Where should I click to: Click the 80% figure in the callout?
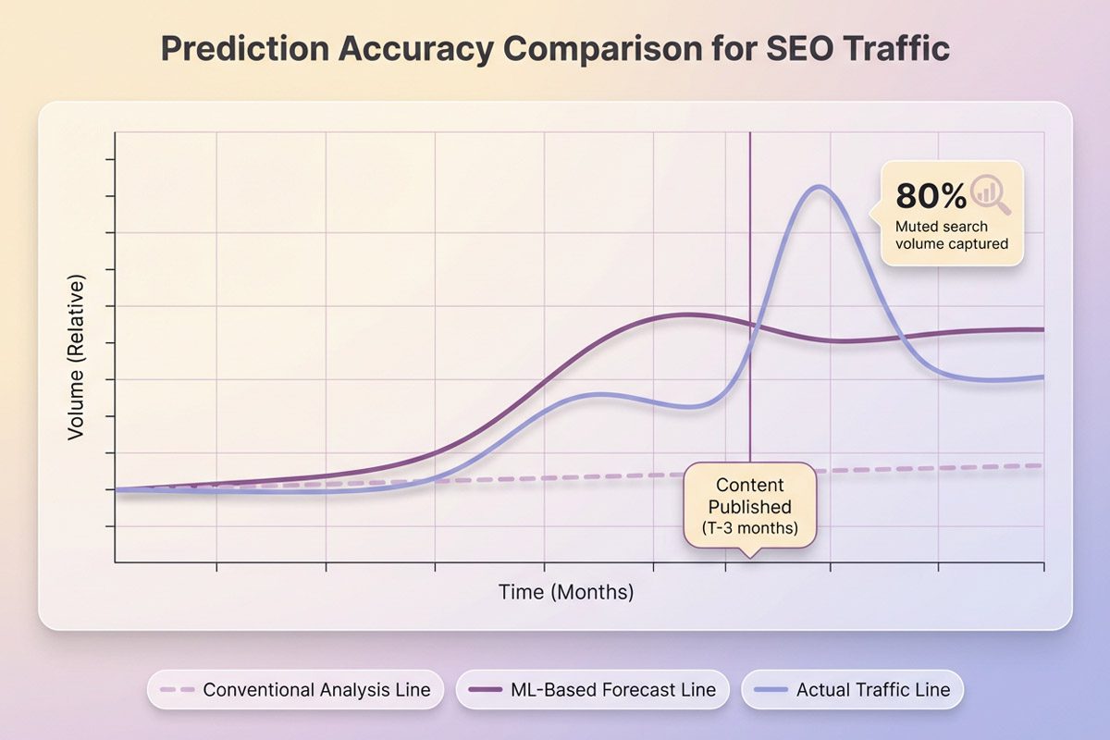[x=931, y=195]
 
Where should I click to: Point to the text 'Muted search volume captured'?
[x=951, y=235]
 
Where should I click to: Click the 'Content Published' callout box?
[x=750, y=507]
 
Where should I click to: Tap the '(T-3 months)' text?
[x=750, y=530]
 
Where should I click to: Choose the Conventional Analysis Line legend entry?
[x=295, y=690]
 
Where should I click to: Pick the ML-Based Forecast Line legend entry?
[x=592, y=690]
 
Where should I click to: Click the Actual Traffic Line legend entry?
[x=852, y=690]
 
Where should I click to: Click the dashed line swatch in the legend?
[x=177, y=690]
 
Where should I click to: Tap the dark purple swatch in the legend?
[x=485, y=690]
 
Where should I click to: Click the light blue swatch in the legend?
[x=771, y=690]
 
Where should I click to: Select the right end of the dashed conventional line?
[x=1042, y=465]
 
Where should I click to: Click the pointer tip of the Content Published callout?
[x=750, y=555]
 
